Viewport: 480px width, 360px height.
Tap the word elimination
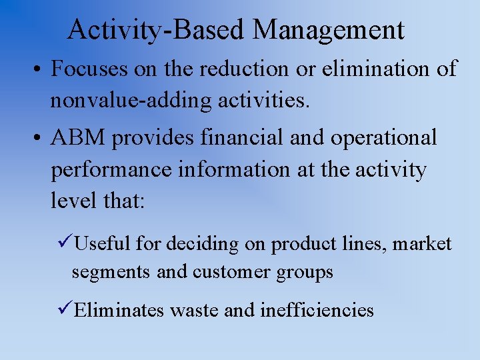point(377,69)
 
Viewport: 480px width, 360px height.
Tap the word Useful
point(103,245)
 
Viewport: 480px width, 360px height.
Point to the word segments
point(111,273)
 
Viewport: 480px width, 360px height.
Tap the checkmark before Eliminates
point(65,310)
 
